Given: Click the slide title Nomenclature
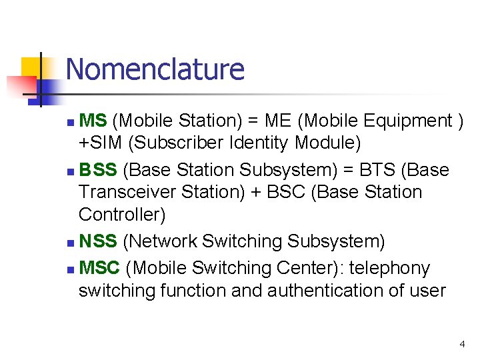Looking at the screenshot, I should tap(155, 69).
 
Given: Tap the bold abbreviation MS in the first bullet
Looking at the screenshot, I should tap(93, 121).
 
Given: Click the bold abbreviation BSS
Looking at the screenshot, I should tap(98, 170).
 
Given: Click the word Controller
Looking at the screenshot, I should tap(122, 215).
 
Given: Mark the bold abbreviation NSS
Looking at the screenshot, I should tap(98, 241).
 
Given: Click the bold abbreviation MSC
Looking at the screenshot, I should tap(99, 268).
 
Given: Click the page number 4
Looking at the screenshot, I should tap(462, 345).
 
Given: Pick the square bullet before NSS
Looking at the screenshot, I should tap(71, 242).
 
